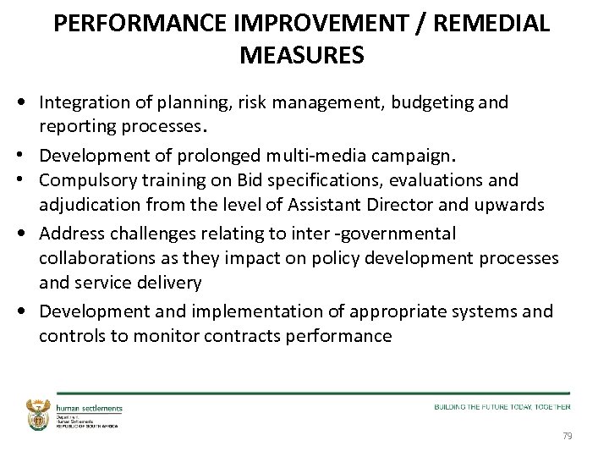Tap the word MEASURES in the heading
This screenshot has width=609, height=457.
302,56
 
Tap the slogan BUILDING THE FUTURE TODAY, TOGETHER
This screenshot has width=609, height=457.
502,407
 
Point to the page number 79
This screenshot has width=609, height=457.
567,436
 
